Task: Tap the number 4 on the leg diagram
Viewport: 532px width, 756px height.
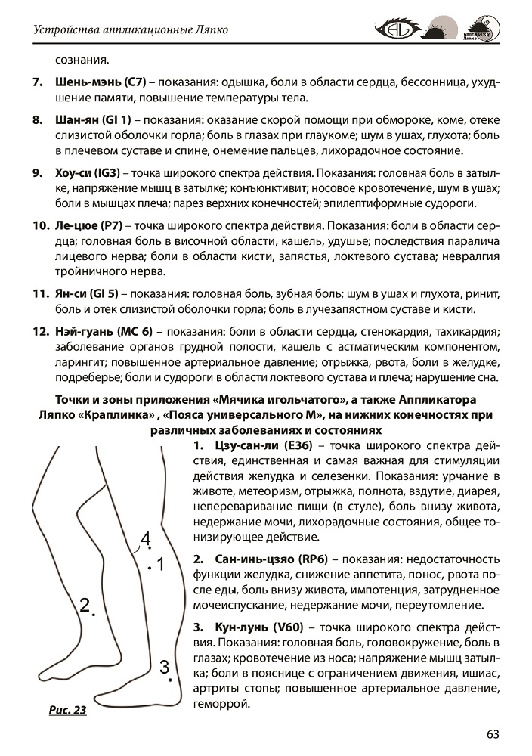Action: (x=146, y=538)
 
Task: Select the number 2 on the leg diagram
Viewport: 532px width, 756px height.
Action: (x=85, y=604)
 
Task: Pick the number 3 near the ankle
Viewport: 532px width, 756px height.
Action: (x=164, y=667)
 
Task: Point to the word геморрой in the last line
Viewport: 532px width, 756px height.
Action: (x=221, y=703)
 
